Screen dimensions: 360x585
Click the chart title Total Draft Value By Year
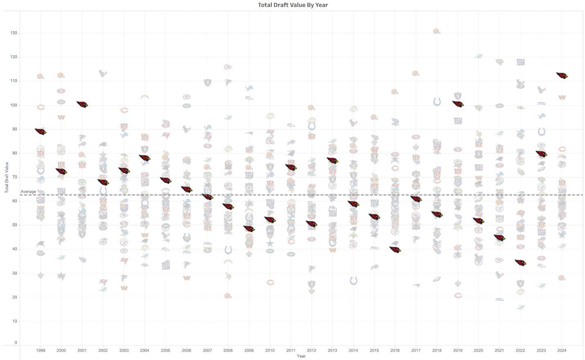[292, 5]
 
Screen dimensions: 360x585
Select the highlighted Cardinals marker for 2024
[562, 76]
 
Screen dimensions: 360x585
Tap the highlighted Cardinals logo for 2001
[82, 104]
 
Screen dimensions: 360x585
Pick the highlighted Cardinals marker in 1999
[40, 131]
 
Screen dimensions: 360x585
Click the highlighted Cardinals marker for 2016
[395, 250]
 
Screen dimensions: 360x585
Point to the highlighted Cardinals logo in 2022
[520, 263]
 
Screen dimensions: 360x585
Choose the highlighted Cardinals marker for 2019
[458, 104]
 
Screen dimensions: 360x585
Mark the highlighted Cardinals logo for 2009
[249, 229]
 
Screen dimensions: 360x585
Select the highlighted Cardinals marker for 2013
[332, 160]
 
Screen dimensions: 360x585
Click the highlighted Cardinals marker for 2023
[541, 154]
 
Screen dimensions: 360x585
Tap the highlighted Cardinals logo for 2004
[144, 158]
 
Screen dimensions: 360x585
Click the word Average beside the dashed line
[28, 191]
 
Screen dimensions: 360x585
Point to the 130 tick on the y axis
[13, 33]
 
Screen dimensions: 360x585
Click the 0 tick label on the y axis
[16, 343]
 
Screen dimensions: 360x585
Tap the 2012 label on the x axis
[311, 350]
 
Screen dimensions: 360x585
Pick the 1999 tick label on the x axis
[40, 350]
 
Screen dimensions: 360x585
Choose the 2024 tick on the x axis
[562, 350]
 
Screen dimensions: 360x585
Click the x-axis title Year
[301, 356]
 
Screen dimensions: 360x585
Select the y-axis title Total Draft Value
[7, 178]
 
